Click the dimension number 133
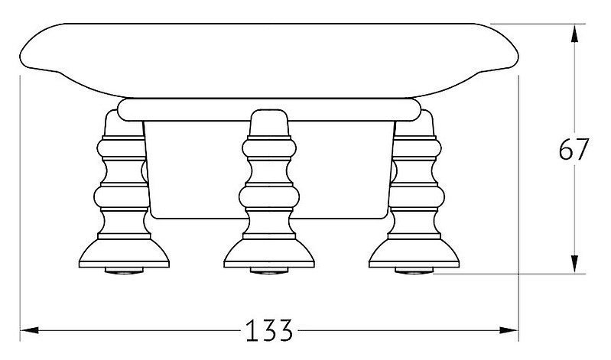[269, 330]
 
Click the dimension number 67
[574, 149]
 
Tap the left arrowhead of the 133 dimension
[29, 330]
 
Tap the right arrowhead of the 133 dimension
[509, 330]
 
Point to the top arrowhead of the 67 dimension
[574, 33]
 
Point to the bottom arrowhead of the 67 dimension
[574, 264]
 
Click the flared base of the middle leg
[269, 253]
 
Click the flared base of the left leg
[124, 253]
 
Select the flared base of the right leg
[414, 253]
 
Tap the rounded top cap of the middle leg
[269, 123]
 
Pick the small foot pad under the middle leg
[269, 271]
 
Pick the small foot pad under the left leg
[124, 271]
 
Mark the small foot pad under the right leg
[414, 271]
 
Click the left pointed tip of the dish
[19, 57]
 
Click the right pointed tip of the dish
[518, 57]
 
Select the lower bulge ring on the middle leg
[269, 196]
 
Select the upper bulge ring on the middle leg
[269, 148]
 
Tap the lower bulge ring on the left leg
[122, 196]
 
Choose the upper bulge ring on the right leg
[417, 148]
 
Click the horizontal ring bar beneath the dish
[269, 109]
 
